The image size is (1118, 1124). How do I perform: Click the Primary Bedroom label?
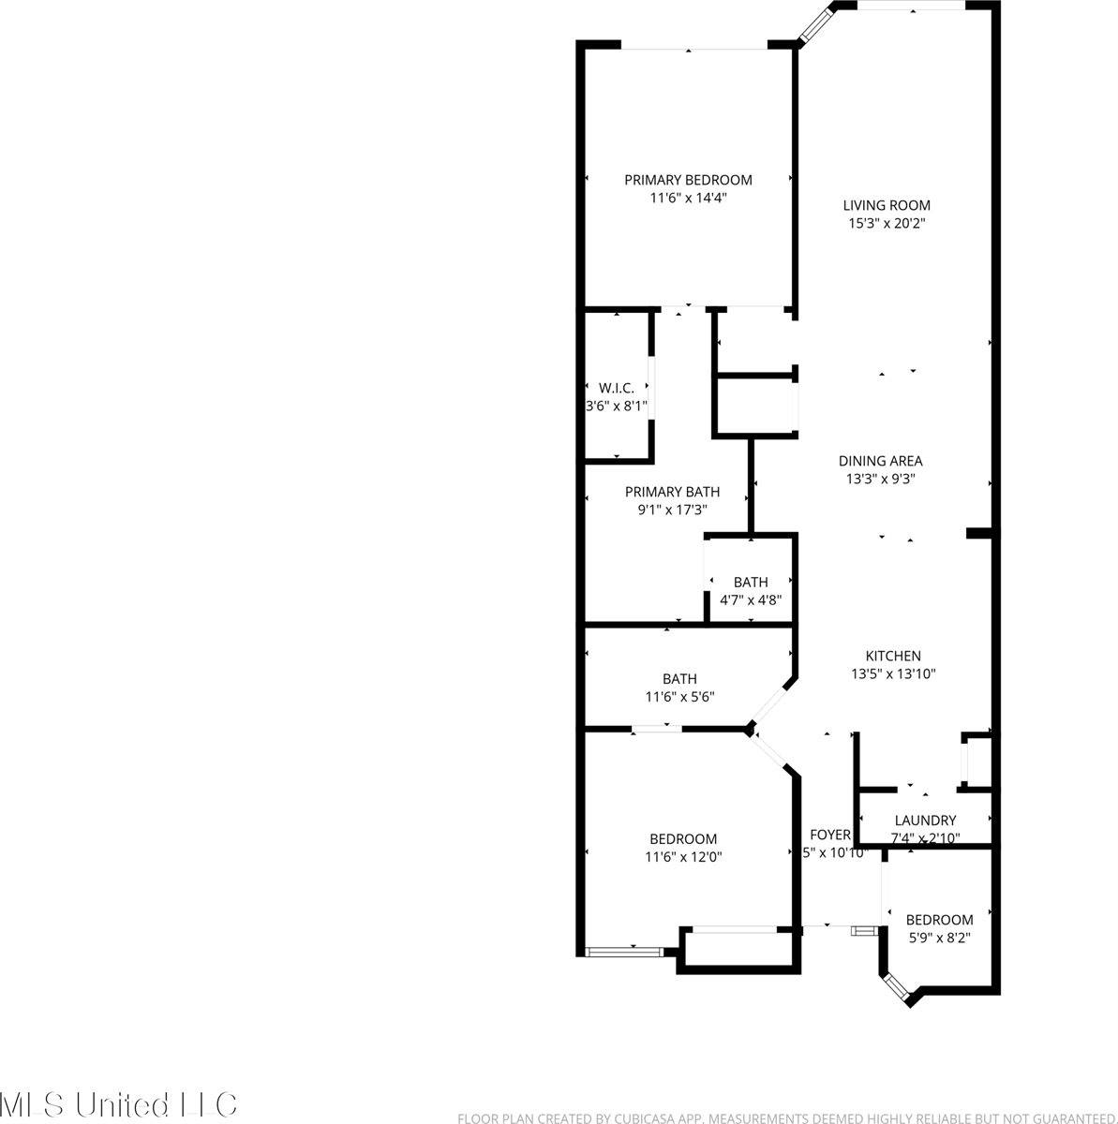pyautogui.click(x=688, y=180)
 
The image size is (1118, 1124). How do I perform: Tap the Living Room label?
pyautogui.click(x=887, y=205)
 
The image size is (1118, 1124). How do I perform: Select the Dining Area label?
pyautogui.click(x=880, y=461)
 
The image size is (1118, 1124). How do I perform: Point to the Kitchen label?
pyautogui.click(x=892, y=657)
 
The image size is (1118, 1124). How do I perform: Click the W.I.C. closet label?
pyautogui.click(x=616, y=388)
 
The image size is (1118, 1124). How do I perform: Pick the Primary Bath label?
pyautogui.click(x=672, y=492)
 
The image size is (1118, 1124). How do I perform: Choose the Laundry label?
pyautogui.click(x=925, y=821)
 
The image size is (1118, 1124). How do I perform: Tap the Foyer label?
pyautogui.click(x=830, y=835)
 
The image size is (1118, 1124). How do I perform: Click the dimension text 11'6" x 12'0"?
pyautogui.click(x=683, y=856)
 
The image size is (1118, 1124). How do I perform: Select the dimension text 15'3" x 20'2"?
pyautogui.click(x=887, y=224)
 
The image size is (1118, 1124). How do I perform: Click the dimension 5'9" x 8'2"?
pyautogui.click(x=939, y=937)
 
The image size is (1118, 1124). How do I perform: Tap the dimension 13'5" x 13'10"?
pyautogui.click(x=893, y=673)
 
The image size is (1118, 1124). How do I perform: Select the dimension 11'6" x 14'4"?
pyautogui.click(x=688, y=198)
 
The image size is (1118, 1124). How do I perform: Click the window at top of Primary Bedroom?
pyautogui.click(x=693, y=46)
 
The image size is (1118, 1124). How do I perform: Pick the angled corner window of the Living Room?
pyautogui.click(x=815, y=22)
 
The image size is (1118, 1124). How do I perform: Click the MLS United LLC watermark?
pyautogui.click(x=118, y=1104)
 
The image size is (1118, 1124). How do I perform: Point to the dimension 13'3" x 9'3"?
pyautogui.click(x=880, y=479)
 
